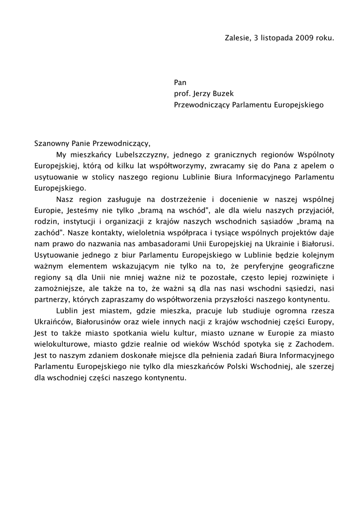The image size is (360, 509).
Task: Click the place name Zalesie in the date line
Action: [x=237, y=38]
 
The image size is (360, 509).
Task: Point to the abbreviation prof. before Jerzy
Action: [x=181, y=93]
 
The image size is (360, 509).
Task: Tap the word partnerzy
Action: [x=51, y=300]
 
